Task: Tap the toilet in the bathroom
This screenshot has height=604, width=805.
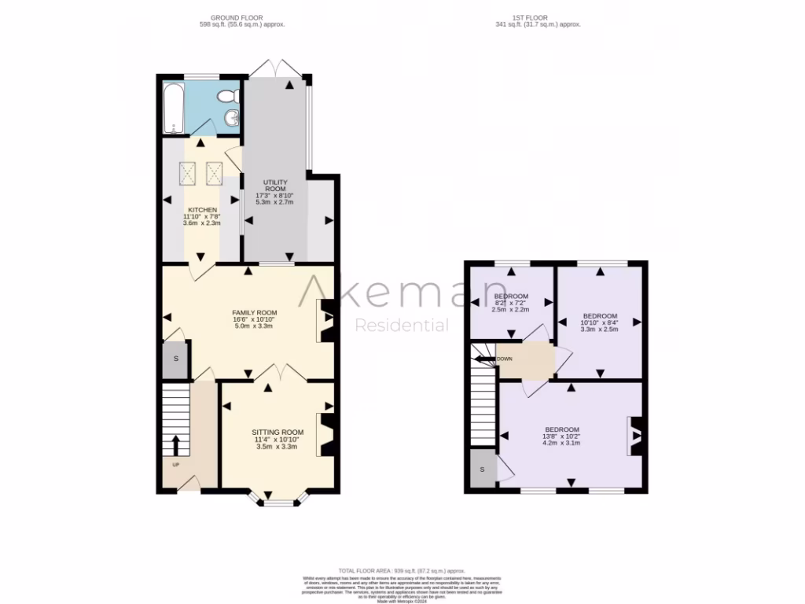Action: [x=227, y=96]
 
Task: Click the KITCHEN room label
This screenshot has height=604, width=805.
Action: [x=202, y=210]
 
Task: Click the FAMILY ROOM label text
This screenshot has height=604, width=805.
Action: [x=254, y=312]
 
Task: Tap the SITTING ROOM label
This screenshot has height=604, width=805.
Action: [x=277, y=433]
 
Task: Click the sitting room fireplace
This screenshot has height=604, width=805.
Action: [x=327, y=434]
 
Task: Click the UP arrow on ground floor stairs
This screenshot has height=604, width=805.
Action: [x=175, y=446]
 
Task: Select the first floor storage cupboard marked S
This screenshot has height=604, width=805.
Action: [x=482, y=469]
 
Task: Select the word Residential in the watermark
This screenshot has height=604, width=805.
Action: [x=402, y=326]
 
